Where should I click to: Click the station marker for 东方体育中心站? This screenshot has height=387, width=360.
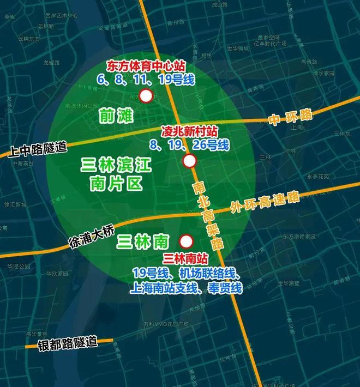pos(146,96)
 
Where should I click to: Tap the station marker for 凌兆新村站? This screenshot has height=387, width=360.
pos(190,161)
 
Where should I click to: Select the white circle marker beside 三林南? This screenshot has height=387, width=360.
pos(186,241)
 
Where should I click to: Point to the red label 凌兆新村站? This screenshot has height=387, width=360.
pos(189,132)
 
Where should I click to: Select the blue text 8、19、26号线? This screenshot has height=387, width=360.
pos(189,145)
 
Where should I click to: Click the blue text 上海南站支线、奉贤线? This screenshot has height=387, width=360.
pos(186,287)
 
